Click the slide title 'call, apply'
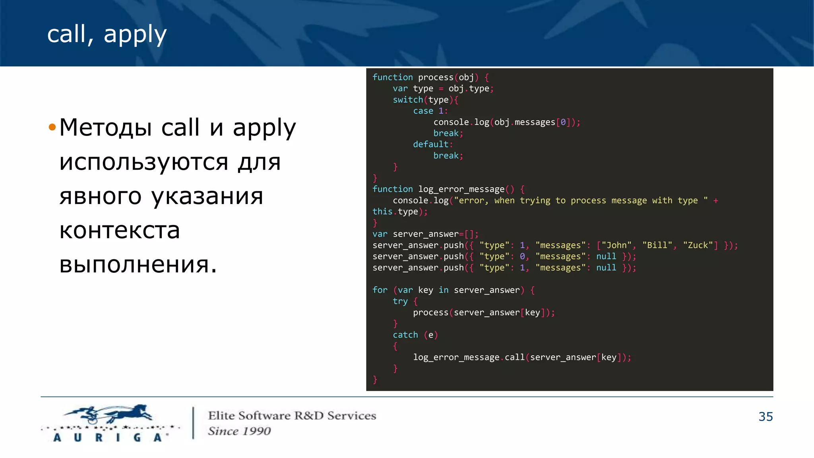[x=107, y=34]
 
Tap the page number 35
[x=766, y=417]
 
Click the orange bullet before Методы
[x=52, y=128]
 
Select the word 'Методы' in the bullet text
[x=105, y=128]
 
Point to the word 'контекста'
[x=120, y=230]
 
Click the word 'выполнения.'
[x=138, y=264]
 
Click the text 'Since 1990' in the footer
[x=239, y=431]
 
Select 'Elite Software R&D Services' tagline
[x=292, y=416]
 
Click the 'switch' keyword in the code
[x=407, y=100]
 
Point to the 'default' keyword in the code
[x=430, y=144]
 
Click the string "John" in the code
[x=616, y=245]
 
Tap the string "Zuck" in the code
[x=698, y=245]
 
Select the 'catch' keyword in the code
[x=405, y=335]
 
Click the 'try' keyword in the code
[x=400, y=301]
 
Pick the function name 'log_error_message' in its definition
[x=461, y=189]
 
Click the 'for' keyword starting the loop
[x=380, y=290]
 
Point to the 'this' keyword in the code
[x=382, y=212]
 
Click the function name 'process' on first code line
[x=436, y=78]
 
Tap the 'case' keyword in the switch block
[x=423, y=111]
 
